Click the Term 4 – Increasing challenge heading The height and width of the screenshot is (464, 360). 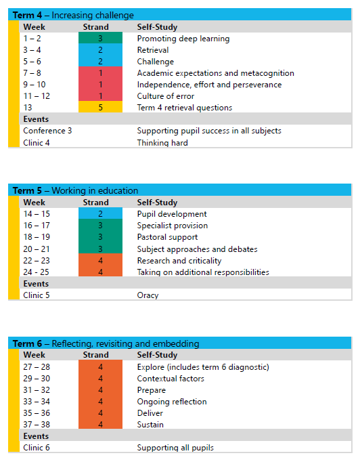pyautogui.click(x=74, y=15)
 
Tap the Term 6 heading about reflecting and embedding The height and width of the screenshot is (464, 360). pyautogui.click(x=106, y=343)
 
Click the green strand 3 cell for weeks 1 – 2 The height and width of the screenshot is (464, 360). pyautogui.click(x=100, y=39)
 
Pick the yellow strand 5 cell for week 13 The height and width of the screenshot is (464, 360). pyautogui.click(x=100, y=108)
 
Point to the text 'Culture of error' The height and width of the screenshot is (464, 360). pyautogui.click(x=165, y=96)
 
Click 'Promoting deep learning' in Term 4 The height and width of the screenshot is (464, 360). pyautogui.click(x=183, y=39)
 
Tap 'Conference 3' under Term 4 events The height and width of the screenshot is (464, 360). pyautogui.click(x=47, y=131)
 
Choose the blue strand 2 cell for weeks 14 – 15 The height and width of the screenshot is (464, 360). pyautogui.click(x=100, y=214)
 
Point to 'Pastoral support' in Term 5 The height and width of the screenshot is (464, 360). pyautogui.click(x=167, y=237)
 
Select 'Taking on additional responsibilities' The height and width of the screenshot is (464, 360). pyautogui.click(x=203, y=272)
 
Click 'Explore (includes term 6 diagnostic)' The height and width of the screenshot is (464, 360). pyautogui.click(x=203, y=367)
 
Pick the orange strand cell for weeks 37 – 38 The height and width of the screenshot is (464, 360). pyautogui.click(x=100, y=425)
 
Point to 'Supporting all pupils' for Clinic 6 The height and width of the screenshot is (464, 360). pyautogui.click(x=175, y=448)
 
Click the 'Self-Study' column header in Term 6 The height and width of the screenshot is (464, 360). pyautogui.click(x=157, y=355)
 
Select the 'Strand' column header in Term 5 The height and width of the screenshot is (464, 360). pyautogui.click(x=95, y=202)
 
